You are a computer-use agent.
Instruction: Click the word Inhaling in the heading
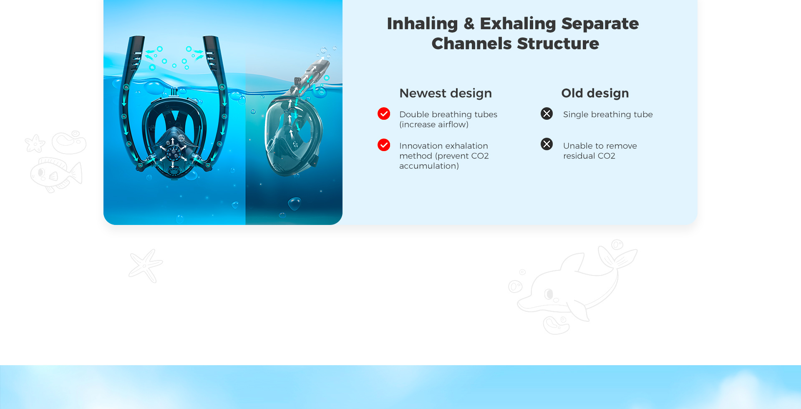[x=422, y=24]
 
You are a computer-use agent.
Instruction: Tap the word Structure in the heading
[x=558, y=43]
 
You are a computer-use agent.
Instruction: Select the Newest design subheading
[x=446, y=93]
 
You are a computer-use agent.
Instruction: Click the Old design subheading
[x=595, y=93]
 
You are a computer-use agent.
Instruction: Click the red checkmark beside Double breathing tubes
[x=384, y=114]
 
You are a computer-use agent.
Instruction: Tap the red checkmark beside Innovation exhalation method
[x=384, y=145]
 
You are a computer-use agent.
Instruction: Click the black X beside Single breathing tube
[x=547, y=114]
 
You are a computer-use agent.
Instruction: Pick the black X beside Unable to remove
[x=547, y=144]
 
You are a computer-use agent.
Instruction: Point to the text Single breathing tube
[x=608, y=114]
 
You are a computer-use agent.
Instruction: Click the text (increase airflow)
[x=434, y=124]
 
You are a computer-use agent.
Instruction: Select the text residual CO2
[x=589, y=156]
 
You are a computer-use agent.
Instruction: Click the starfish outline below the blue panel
[x=146, y=265]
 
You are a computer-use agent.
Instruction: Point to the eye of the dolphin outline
[x=549, y=294]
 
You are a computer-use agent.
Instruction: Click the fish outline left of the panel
[x=55, y=174]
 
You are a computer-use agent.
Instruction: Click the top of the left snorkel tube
[x=137, y=38]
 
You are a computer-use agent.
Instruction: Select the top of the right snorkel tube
[x=211, y=38]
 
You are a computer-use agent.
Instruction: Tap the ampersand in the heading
[x=469, y=24]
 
